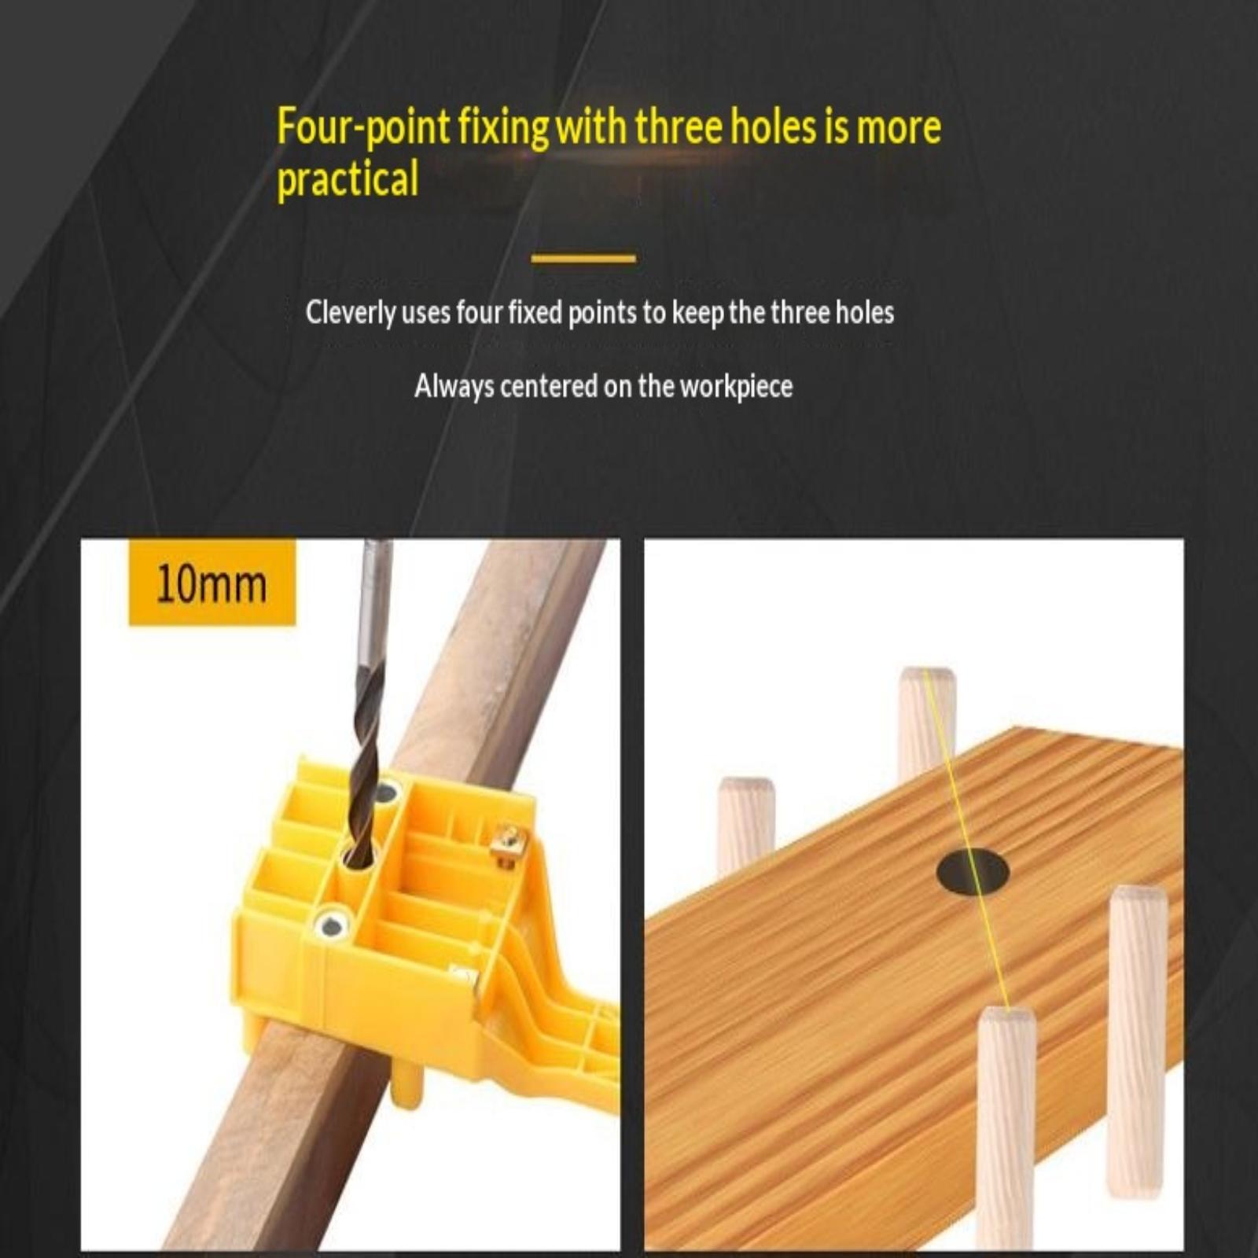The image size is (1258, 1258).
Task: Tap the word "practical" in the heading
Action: [348, 179]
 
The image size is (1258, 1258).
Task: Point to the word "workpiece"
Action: [736, 387]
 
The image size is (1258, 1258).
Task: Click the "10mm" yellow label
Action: [212, 583]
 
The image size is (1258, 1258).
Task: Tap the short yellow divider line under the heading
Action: [583, 258]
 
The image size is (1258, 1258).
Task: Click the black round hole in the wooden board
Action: [973, 871]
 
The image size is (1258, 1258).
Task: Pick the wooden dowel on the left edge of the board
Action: [746, 826]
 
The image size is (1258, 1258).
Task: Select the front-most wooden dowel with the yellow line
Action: [1006, 1128]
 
